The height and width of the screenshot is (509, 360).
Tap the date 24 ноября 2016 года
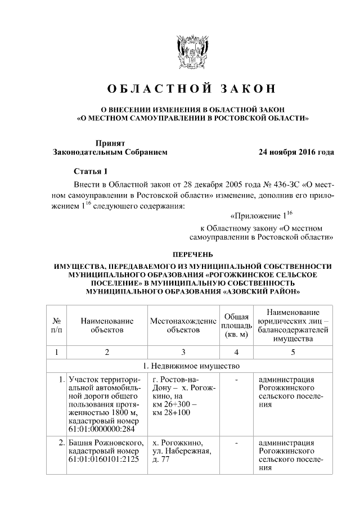point(296,152)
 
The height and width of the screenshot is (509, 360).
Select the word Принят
point(109,143)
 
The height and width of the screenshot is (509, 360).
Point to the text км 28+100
point(172,413)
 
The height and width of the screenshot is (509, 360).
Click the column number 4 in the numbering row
point(236,352)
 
